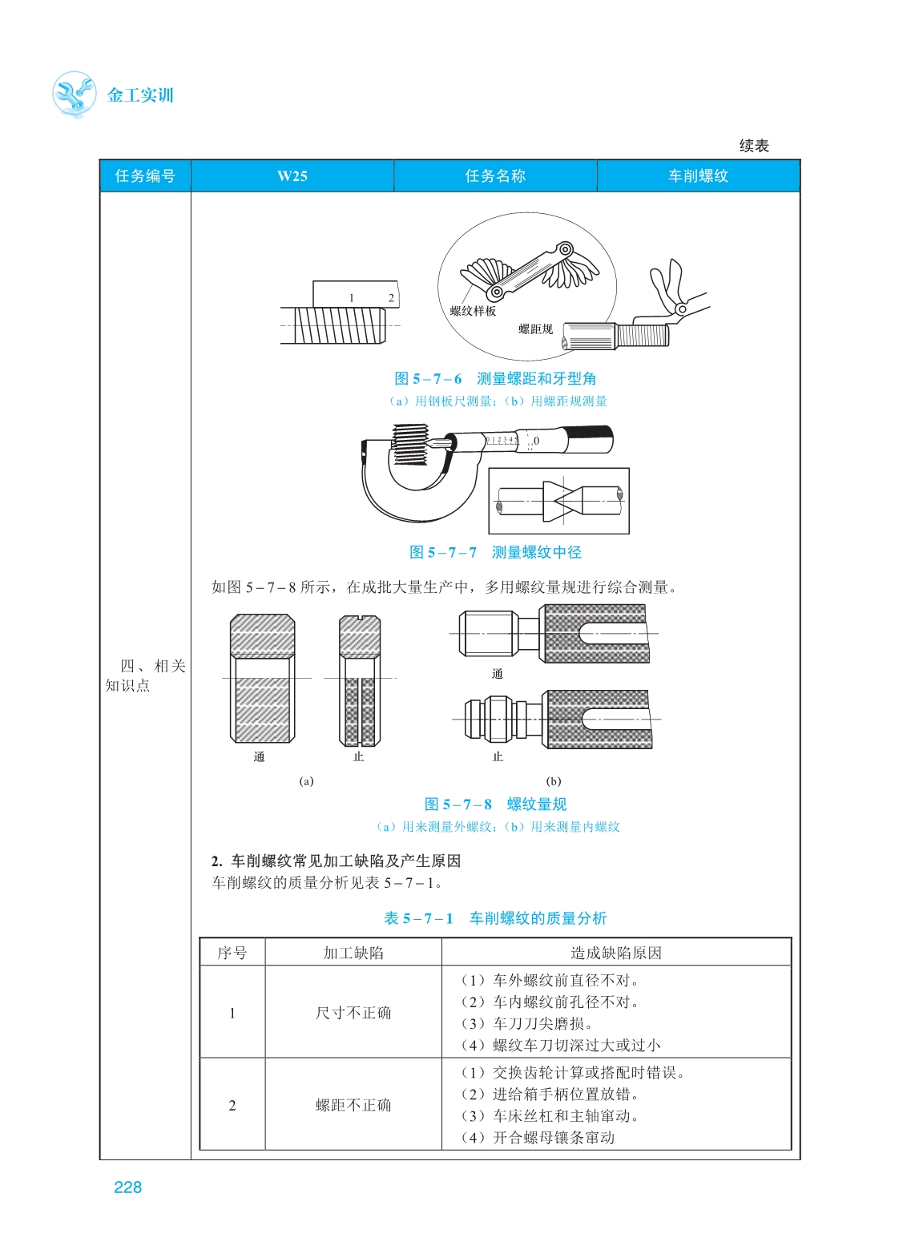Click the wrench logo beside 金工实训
(x=74, y=95)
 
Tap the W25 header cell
(x=292, y=176)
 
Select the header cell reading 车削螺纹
(x=698, y=176)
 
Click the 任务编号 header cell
(x=145, y=176)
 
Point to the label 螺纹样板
(x=473, y=311)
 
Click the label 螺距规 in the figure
(x=535, y=329)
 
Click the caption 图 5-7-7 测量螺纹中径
(x=495, y=552)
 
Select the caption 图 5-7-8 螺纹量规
(x=495, y=804)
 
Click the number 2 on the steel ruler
(x=391, y=298)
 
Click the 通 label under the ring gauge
(x=259, y=756)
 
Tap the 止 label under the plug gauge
(x=498, y=756)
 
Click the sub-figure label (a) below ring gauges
(x=306, y=781)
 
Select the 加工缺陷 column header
(x=353, y=953)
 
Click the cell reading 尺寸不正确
(x=353, y=1013)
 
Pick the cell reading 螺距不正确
(x=353, y=1105)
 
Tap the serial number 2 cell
(x=232, y=1105)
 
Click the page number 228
(x=127, y=1187)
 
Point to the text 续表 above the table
(x=754, y=146)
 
